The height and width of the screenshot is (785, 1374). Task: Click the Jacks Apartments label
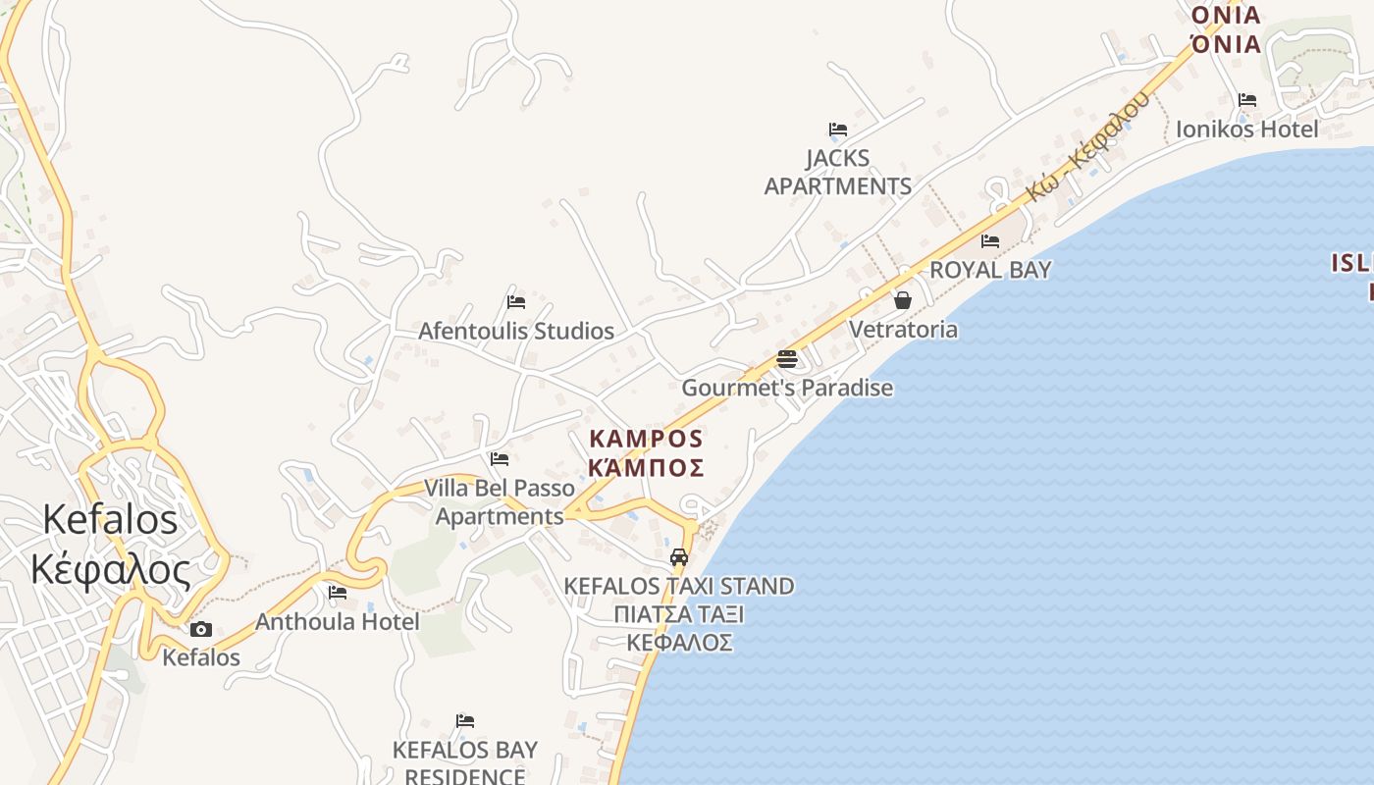click(x=838, y=172)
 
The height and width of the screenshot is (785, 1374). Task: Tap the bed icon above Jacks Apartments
click(x=837, y=129)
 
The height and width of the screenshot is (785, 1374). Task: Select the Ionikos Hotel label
click(x=1247, y=129)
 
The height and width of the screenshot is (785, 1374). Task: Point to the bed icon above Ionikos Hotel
click(x=1247, y=99)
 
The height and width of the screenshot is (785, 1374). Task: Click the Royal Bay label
click(x=990, y=270)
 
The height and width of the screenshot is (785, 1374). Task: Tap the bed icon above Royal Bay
click(x=990, y=240)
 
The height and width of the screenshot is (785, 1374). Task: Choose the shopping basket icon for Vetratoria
click(x=903, y=299)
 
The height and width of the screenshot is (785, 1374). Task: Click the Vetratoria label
click(x=903, y=329)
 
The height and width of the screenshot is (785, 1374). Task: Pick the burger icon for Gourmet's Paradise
click(x=786, y=358)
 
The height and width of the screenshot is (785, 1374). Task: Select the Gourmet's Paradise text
click(x=787, y=388)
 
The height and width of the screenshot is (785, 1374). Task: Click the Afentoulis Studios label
click(x=516, y=331)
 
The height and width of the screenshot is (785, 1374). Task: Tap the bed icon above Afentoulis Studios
click(x=516, y=301)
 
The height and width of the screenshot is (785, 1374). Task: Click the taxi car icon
click(x=678, y=556)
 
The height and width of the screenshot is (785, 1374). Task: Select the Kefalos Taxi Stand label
click(x=679, y=586)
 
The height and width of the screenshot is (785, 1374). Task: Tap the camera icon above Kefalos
click(x=201, y=629)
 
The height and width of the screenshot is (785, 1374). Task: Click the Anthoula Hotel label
click(x=338, y=621)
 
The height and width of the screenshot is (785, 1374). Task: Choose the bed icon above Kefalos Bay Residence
click(x=465, y=721)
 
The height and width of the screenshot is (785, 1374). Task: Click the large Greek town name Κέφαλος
click(x=110, y=569)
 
